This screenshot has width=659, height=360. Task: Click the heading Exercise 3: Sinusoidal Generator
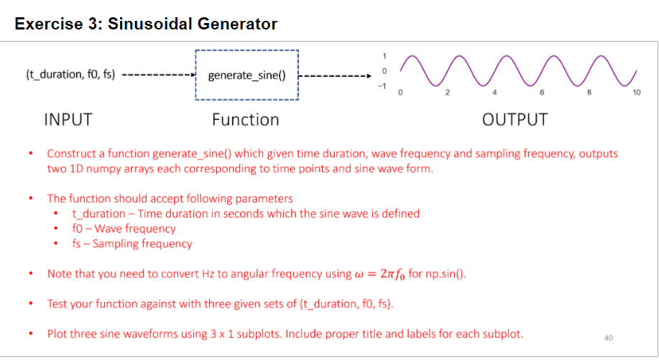(x=146, y=24)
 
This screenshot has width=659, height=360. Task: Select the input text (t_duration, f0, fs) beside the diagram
(x=70, y=74)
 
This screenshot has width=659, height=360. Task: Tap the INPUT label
(x=68, y=119)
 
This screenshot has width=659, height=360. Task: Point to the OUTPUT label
(x=515, y=119)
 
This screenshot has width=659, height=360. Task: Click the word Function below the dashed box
(x=245, y=119)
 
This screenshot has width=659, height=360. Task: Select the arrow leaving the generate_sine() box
(x=334, y=75)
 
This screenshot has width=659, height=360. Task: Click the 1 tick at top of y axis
(x=384, y=56)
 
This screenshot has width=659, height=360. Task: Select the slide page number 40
(x=609, y=337)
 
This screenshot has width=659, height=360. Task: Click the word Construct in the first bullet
(x=70, y=154)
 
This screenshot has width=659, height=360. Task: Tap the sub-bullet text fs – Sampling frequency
(x=132, y=244)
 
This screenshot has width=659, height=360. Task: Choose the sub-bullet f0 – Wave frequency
(x=124, y=229)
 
